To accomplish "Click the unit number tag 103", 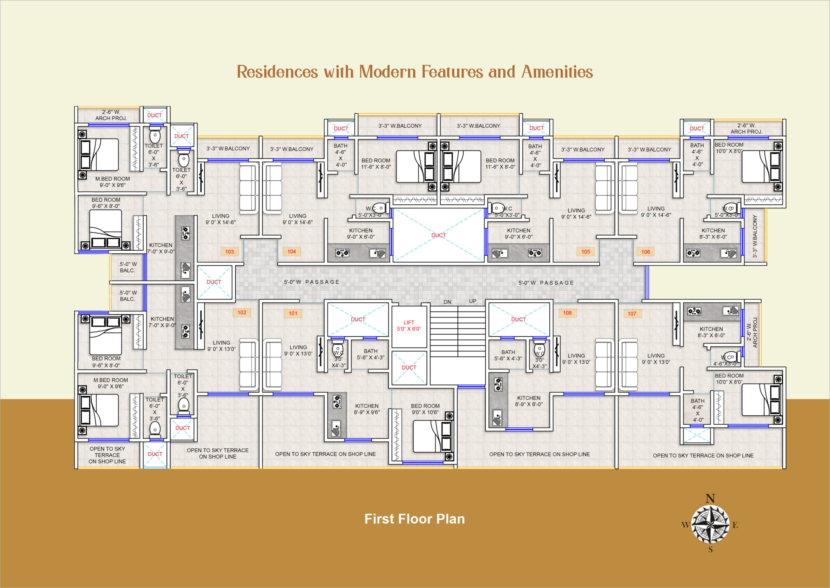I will [x=229, y=252].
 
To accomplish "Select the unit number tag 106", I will [x=646, y=252].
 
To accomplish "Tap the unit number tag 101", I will [x=293, y=313].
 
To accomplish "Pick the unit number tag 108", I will [x=567, y=313].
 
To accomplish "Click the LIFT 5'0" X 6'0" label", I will [x=409, y=325].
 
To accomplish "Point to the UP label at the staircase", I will [x=473, y=301].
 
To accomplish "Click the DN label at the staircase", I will [x=447, y=302].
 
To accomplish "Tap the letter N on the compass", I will [x=710, y=499].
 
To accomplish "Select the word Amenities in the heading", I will [x=557, y=72].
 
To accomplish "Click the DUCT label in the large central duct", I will [x=439, y=235].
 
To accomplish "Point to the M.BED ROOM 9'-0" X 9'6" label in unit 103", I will [x=113, y=182].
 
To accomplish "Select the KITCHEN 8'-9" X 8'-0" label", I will [x=529, y=401].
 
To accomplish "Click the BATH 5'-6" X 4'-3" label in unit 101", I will [x=370, y=354].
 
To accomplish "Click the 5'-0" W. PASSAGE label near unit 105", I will [x=546, y=283].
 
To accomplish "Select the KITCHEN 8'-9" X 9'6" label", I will [x=367, y=409].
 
